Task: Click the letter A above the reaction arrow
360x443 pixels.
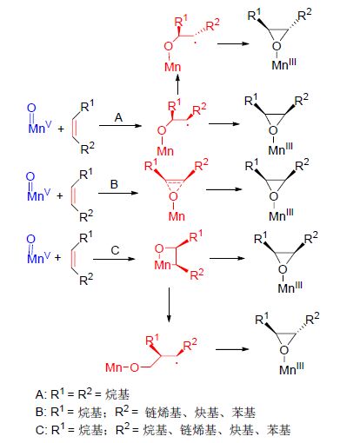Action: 118,117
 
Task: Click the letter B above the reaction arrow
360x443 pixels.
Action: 114,184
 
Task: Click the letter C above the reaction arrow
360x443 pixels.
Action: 115,250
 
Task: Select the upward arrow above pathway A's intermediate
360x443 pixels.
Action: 177,83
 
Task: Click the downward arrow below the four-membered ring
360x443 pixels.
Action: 169,305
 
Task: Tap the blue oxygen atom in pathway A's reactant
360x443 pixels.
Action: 31,108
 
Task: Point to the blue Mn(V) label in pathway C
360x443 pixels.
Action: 38,258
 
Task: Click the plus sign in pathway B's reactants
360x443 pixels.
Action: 60,196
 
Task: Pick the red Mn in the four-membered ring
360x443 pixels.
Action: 163,265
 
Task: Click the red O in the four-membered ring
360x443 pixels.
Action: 159,248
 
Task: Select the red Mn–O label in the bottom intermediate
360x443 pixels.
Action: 122,367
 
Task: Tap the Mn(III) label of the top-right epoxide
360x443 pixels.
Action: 284,64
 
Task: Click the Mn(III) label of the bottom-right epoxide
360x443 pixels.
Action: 291,369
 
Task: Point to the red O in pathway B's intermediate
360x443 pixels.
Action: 173,197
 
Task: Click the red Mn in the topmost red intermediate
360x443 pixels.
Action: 173,67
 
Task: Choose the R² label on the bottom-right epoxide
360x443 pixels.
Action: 312,319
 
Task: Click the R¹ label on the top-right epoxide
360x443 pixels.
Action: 254,15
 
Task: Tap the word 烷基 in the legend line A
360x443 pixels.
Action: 117,394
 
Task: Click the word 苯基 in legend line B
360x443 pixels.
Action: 243,413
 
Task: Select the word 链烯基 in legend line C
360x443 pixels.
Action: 198,430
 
